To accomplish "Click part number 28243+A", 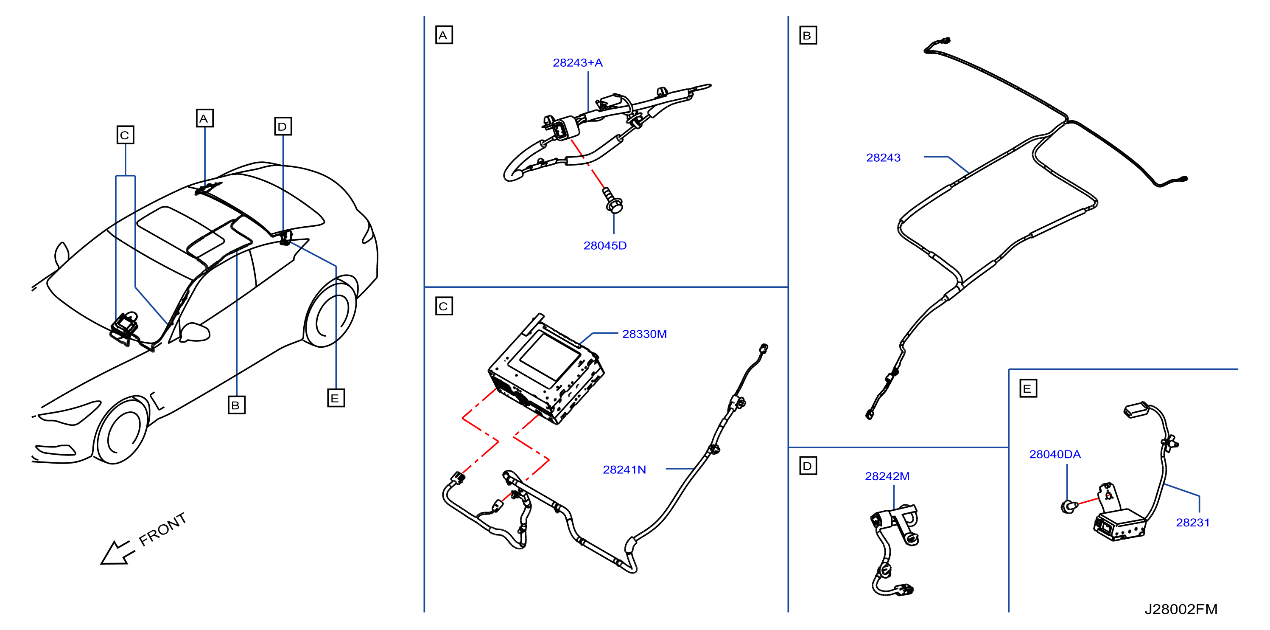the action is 577,63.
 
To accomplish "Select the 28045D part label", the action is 605,245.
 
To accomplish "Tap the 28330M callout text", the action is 644,334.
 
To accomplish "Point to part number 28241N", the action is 624,470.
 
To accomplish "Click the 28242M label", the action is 887,476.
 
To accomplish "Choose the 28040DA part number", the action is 1055,454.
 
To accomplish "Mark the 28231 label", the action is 1193,523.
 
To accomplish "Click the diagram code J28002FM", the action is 1181,609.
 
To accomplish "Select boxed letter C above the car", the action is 125,135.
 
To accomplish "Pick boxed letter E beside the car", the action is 336,398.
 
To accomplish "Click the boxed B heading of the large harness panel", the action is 808,36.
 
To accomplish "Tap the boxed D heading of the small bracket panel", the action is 808,466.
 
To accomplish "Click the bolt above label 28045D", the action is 613,200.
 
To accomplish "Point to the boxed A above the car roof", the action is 204,118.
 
